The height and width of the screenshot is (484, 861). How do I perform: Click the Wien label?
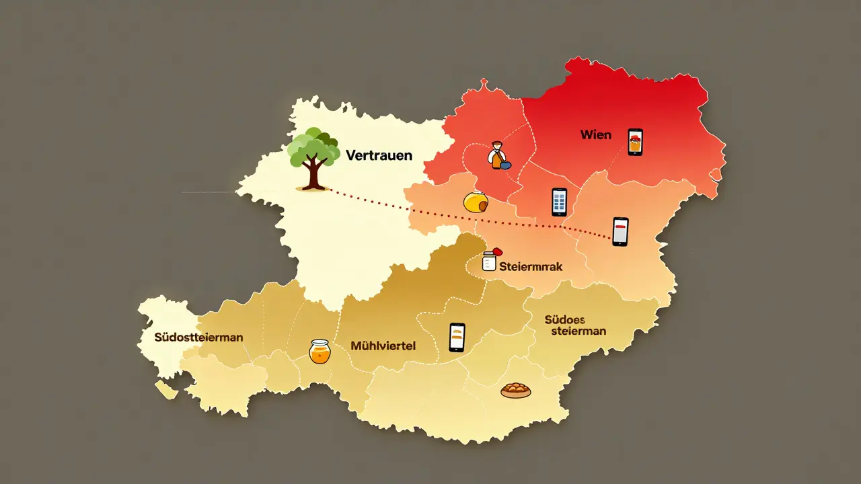click(x=596, y=135)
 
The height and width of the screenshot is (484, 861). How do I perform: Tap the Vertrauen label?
click(x=379, y=155)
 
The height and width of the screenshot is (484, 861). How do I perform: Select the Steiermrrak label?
click(x=531, y=267)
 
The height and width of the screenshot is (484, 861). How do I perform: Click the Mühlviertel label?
click(x=383, y=346)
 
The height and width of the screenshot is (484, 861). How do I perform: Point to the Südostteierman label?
click(x=198, y=337)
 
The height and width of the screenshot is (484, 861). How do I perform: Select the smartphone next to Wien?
click(x=635, y=143)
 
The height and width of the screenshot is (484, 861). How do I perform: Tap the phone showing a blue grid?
click(x=559, y=202)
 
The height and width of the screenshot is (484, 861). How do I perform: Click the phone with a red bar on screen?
click(x=620, y=232)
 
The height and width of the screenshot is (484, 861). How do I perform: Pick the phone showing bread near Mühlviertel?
click(x=457, y=337)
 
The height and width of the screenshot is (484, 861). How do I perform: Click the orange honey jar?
click(x=320, y=352)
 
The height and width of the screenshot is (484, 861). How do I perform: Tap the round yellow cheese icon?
click(x=476, y=202)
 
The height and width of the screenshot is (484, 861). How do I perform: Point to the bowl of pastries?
click(x=516, y=390)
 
